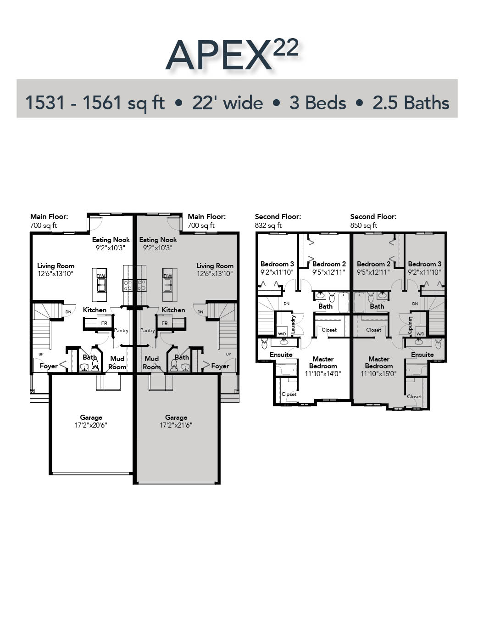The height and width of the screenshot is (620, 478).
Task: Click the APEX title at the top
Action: pos(218,56)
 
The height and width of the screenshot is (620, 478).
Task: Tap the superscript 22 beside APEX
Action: pos(286,47)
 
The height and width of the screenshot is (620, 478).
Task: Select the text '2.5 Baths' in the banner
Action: pos(411,103)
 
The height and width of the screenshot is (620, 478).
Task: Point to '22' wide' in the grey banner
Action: pos(228,103)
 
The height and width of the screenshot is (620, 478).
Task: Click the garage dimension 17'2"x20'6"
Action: pos(91,425)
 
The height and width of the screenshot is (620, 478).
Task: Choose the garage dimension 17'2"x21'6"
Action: pos(176,425)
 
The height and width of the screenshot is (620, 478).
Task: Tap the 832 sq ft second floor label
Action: pos(268,225)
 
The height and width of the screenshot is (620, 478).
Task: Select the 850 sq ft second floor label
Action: pos(364,225)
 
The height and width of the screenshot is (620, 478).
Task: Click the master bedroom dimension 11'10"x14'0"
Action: pos(323,374)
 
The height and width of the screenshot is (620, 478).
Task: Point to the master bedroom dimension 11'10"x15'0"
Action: pos(378,374)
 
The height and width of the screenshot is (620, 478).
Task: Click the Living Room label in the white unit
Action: pos(56,266)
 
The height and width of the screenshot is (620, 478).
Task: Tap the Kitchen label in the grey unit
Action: pos(173,310)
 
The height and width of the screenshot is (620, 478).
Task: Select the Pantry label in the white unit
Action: pos(121,330)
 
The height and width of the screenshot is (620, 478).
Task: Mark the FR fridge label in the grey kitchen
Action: pos(165,323)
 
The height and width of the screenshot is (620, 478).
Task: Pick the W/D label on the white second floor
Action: pos(282,334)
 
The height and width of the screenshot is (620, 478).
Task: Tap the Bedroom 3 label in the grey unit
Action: pos(424,264)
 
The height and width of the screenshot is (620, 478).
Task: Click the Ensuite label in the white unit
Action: pos(281,355)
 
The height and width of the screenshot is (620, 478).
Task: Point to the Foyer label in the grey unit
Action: pos(220,366)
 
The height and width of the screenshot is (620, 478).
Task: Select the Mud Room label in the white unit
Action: pos(117,363)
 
